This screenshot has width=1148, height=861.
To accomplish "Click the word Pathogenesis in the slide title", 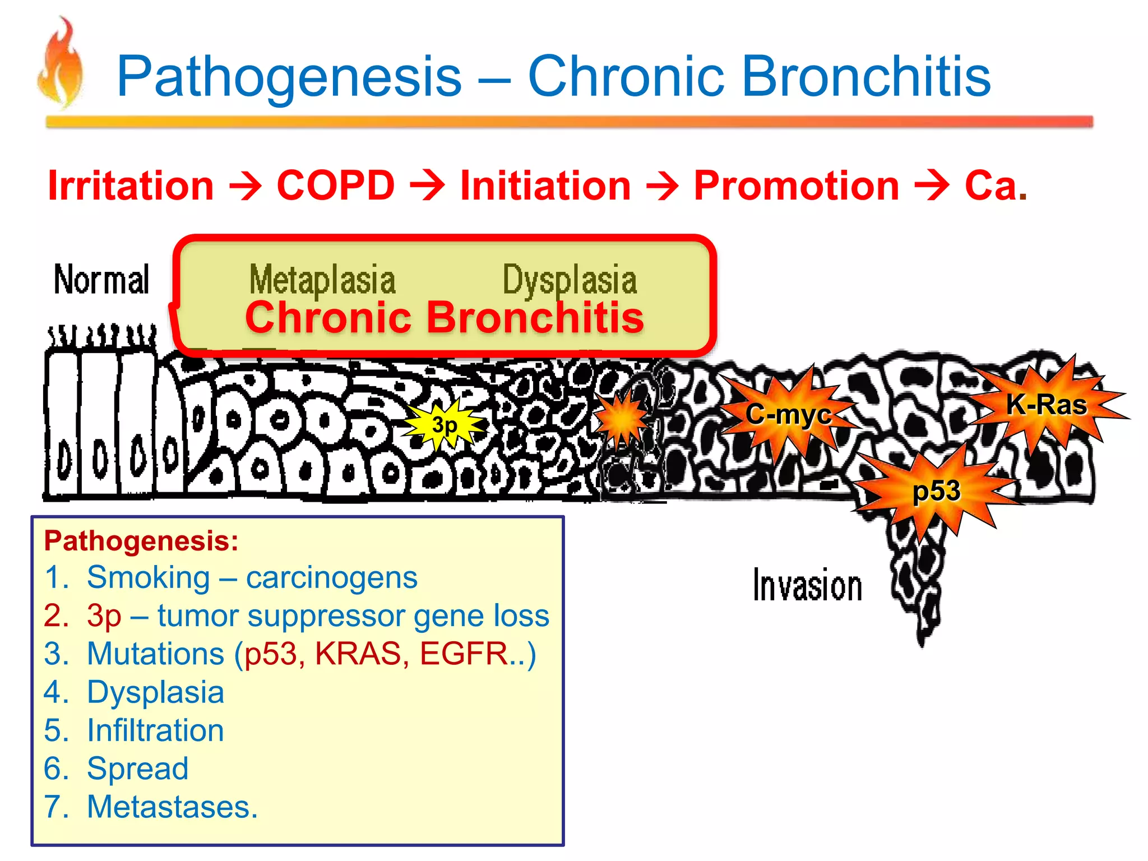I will coord(289,77).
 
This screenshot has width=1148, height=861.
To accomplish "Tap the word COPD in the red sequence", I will coord(335,185).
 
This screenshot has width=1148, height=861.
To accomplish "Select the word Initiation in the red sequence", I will coord(545,186).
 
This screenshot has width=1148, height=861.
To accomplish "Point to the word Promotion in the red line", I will coord(796,186).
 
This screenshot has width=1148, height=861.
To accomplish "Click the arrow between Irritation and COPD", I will coord(246,186).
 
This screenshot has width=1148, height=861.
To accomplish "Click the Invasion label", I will coord(807,586).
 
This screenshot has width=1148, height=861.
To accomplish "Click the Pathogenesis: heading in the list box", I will coord(141,541).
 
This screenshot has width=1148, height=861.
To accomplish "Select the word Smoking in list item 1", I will coord(148,577).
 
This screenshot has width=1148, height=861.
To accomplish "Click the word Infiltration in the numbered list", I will coord(155,730).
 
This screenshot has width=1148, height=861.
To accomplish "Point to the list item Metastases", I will coord(172,807).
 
